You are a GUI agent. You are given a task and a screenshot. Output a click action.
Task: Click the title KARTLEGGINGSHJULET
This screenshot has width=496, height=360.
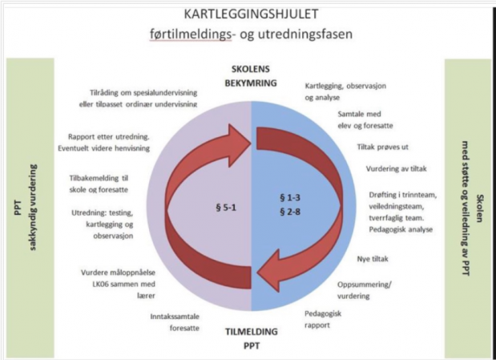[251, 14]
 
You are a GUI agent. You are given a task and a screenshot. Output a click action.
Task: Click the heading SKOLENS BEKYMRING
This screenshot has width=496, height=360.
[251, 76]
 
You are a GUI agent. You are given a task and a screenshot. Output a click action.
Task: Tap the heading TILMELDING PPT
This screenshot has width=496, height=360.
[252, 338]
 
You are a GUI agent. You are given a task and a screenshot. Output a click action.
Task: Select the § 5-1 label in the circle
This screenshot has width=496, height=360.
[226, 208]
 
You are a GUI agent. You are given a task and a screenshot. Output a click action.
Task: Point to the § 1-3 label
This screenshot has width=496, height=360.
[290, 198]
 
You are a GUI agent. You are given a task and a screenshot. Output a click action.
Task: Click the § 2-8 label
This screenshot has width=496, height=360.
[290, 212]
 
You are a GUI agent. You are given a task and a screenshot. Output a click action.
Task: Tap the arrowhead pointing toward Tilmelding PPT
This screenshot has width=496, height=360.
[268, 271]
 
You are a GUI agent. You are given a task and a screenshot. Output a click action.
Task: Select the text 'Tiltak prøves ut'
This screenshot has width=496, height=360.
[383, 147]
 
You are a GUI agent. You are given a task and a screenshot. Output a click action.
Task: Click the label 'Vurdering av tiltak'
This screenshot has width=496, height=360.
[397, 168]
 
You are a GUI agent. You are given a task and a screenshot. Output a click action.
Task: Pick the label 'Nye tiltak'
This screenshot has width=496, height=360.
[373, 259]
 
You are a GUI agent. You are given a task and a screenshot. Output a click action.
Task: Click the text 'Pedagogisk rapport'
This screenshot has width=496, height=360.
[323, 319]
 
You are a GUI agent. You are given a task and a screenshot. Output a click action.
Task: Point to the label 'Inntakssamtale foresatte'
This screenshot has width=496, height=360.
[175, 322]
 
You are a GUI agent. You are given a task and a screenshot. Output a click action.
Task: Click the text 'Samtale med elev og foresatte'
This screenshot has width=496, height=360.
[365, 119]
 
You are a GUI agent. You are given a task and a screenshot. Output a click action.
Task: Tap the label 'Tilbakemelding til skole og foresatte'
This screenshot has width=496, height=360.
[99, 184]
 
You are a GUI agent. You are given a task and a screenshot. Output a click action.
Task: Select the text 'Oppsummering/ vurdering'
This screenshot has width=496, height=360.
[365, 290]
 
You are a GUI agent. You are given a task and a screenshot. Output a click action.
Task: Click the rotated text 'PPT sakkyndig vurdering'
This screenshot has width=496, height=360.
[26, 208]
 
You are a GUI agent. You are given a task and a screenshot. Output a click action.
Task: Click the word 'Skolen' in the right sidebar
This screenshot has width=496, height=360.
[480, 208]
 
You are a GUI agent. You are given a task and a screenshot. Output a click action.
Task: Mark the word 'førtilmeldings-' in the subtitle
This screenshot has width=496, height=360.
[191, 34]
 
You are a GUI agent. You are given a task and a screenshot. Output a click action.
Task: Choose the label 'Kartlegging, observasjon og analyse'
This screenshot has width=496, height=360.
[345, 91]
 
